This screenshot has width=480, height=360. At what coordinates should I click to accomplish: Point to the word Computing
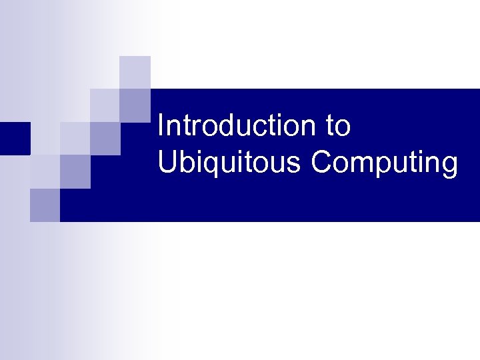tap(385, 163)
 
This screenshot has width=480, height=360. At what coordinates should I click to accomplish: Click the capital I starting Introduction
tap(161, 126)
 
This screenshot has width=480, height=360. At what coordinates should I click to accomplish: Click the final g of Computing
tap(450, 166)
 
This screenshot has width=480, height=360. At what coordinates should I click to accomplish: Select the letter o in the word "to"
tap(343, 128)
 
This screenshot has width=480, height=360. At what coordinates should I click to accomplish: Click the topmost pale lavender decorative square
tap(135, 71)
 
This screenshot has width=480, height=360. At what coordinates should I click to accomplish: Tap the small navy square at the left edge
tap(15, 138)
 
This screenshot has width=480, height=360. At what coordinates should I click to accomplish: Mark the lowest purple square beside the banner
tap(45, 205)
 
